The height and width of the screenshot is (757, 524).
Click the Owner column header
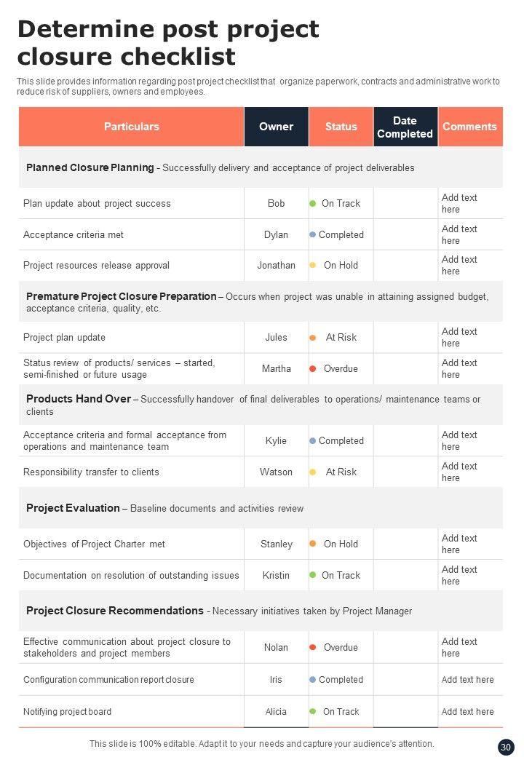click(x=276, y=127)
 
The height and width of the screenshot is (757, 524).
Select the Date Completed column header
click(x=405, y=127)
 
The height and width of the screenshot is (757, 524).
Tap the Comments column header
click(x=469, y=127)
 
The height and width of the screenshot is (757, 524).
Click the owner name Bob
click(x=276, y=204)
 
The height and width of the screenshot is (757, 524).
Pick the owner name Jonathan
click(x=276, y=266)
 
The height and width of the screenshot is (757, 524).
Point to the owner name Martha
click(x=276, y=369)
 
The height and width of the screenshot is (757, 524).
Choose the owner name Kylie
click(x=276, y=441)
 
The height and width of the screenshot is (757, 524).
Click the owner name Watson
click(x=276, y=472)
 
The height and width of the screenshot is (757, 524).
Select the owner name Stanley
click(x=276, y=544)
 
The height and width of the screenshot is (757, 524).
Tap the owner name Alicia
click(x=276, y=712)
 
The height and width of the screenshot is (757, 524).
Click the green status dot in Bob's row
click(x=313, y=204)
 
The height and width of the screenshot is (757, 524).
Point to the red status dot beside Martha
click(x=313, y=369)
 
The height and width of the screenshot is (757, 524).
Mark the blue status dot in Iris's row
click(x=313, y=680)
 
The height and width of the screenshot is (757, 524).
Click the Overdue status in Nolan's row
click(x=341, y=648)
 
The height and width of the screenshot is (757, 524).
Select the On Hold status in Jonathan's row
click(x=341, y=266)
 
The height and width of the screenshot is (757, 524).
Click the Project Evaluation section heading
click(x=73, y=508)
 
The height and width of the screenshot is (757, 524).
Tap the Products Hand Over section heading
click(x=79, y=399)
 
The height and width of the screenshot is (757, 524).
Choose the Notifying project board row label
click(x=67, y=712)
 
